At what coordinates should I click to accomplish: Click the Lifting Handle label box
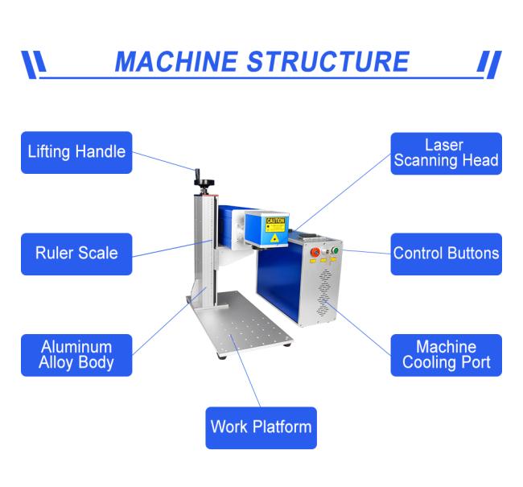pos(76,153)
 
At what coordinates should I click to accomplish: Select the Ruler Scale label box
pos(76,254)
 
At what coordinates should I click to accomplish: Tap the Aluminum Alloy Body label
pos(76,355)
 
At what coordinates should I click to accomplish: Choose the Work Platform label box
pos(261,428)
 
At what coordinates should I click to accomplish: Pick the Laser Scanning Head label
pos(447,154)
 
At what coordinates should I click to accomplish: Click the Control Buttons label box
pos(447,254)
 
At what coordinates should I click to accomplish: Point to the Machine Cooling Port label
pos(447,355)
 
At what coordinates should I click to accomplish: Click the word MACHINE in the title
pos(176,62)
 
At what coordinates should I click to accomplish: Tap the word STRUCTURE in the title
pos(328,62)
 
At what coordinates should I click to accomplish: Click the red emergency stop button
pos(315,252)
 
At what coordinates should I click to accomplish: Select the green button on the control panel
pos(335,250)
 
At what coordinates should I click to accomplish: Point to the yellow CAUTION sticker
pos(275,224)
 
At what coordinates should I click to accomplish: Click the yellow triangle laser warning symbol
pos(274,237)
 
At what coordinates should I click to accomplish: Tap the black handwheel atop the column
pos(204,183)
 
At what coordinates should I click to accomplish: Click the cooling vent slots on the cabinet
pos(323,293)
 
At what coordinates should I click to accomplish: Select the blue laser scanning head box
pos(266,229)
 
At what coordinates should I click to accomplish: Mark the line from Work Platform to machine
pos(245,371)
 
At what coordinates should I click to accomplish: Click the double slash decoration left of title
pos(34,64)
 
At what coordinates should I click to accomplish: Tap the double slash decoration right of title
pos(489,64)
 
